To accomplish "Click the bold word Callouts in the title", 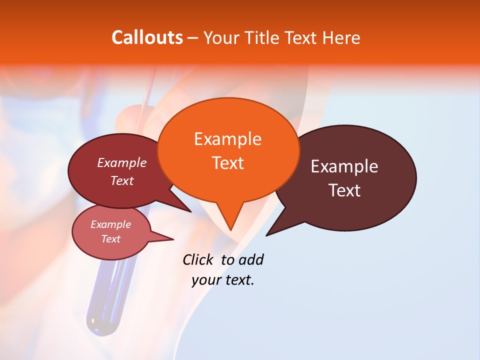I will pos(147,37).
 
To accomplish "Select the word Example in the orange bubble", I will pos(227,139).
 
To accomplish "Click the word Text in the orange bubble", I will pos(227,163).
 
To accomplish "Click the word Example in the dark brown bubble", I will pos(344,166).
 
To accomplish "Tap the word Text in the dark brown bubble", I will pos(344,190).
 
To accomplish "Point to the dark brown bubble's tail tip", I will pos(267,235).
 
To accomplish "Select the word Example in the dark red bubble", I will pos(122,163).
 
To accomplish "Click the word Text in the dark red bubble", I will pos(122,180).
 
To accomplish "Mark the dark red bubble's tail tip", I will pos(190,211).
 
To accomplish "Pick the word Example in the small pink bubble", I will pos(111,224).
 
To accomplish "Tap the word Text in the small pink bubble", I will pos(111,239).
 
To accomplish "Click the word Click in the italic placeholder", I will pos(198,259).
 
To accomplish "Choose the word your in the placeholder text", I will pos(205,280).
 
